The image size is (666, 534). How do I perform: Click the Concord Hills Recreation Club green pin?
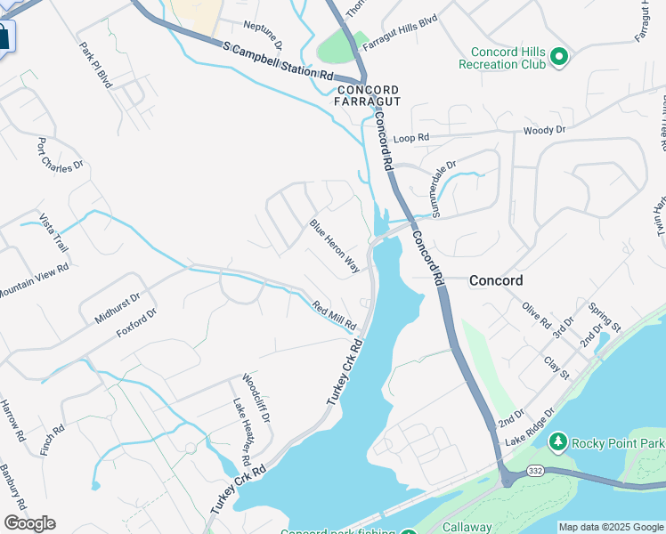coord(559,58)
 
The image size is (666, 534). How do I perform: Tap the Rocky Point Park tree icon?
coord(558,441)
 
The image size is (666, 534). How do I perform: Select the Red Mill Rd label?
coord(335,313)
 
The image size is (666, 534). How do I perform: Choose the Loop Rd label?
coord(411,138)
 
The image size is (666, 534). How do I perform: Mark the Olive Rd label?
coord(537,315)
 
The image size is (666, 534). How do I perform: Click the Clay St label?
coord(556,368)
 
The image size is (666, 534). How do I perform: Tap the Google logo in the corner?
coord(29,523)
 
